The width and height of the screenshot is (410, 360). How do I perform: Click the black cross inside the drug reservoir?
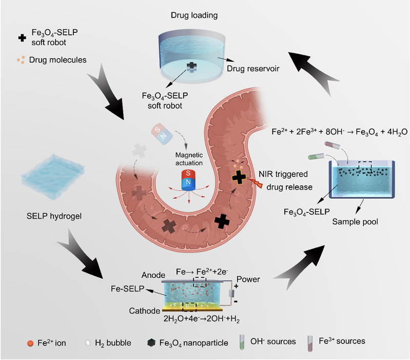[x=191, y=66]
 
